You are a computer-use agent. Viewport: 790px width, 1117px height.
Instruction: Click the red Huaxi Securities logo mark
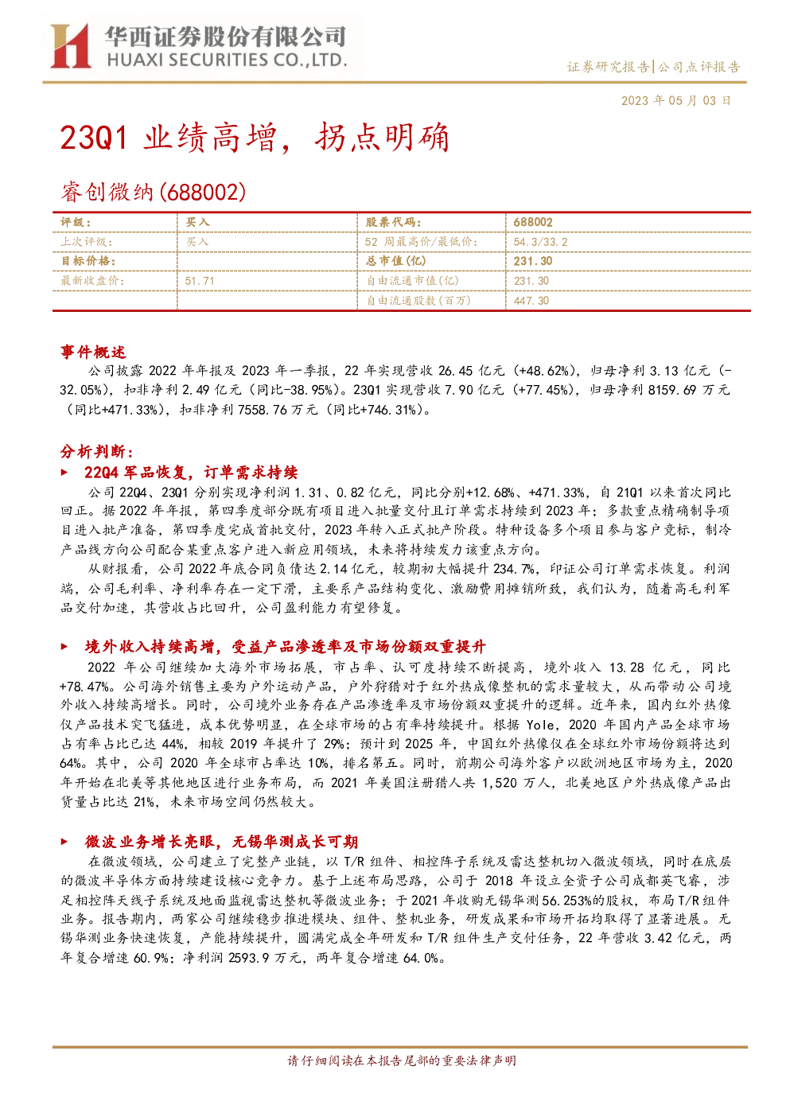click(x=70, y=45)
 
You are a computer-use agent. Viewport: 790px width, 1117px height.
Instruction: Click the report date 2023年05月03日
click(x=675, y=101)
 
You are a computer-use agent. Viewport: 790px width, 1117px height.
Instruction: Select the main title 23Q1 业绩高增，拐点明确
click(x=255, y=137)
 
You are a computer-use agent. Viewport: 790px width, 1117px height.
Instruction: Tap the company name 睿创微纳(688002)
click(x=153, y=192)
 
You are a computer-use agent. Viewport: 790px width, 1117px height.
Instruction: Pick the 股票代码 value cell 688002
click(x=533, y=223)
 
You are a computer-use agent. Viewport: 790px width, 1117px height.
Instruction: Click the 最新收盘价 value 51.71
click(x=200, y=282)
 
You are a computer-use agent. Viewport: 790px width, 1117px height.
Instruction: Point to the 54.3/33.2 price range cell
click(x=540, y=243)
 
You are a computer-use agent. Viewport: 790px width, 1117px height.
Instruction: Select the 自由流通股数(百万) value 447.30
click(x=531, y=301)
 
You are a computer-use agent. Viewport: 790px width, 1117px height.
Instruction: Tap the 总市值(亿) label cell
click(x=396, y=261)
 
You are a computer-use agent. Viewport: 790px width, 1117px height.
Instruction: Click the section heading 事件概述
click(x=93, y=352)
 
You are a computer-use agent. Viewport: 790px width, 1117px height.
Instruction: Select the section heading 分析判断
click(x=97, y=451)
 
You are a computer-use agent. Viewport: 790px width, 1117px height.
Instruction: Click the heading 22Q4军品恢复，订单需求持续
click(x=191, y=473)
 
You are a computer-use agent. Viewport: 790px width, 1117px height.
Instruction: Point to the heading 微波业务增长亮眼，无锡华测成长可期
click(x=221, y=843)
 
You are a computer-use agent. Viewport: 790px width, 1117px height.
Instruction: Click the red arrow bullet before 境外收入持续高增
click(x=64, y=647)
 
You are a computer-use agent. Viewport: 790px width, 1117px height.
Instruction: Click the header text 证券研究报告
click(x=608, y=67)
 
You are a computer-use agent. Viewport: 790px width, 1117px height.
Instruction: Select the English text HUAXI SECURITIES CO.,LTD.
click(x=227, y=60)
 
